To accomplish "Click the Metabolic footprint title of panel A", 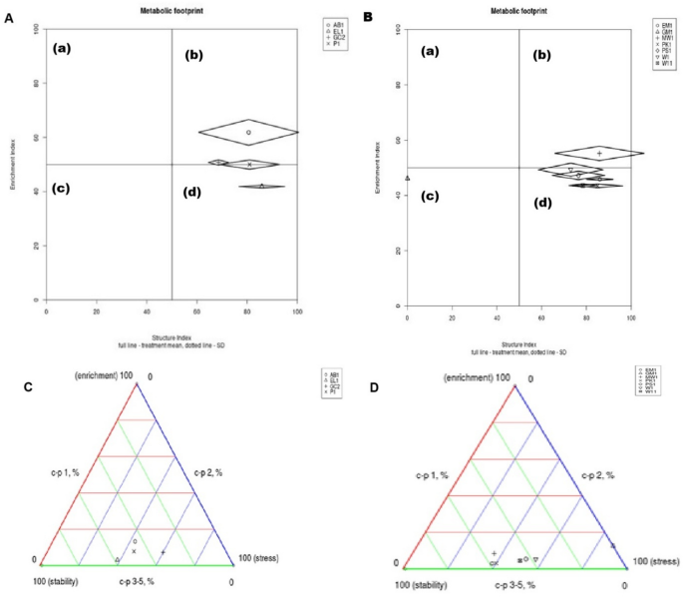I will point(171,10).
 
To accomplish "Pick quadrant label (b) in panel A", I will point(193,54).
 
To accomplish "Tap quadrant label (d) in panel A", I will point(193,192).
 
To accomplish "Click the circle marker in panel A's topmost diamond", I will point(248,132).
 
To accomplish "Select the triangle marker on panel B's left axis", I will point(408,179).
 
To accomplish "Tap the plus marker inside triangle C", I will point(164,552).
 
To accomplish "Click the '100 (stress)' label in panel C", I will point(257,560).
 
